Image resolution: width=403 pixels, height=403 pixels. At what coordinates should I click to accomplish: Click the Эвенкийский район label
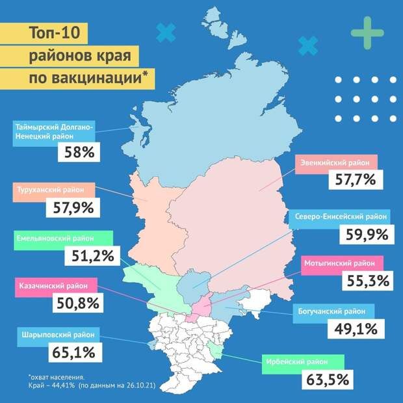click(x=336, y=164)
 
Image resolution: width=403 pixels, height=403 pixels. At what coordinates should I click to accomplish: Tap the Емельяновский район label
click(x=61, y=239)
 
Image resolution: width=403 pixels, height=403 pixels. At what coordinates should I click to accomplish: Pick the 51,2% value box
click(x=88, y=255)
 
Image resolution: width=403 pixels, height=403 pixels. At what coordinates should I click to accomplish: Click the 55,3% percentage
click(x=365, y=281)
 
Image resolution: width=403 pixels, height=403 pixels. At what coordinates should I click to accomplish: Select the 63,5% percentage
click(x=328, y=378)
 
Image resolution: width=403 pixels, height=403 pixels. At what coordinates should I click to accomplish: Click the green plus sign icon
click(x=367, y=32)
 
